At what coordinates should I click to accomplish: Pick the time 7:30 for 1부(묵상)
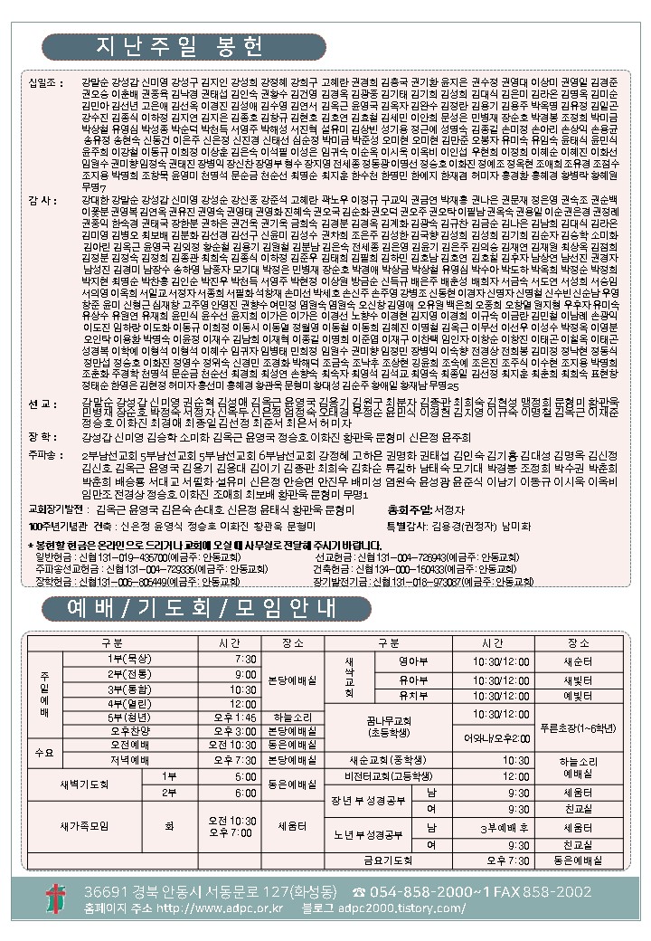pyautogui.click(x=245, y=659)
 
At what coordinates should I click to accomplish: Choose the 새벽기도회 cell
pyautogui.click(x=87, y=784)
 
